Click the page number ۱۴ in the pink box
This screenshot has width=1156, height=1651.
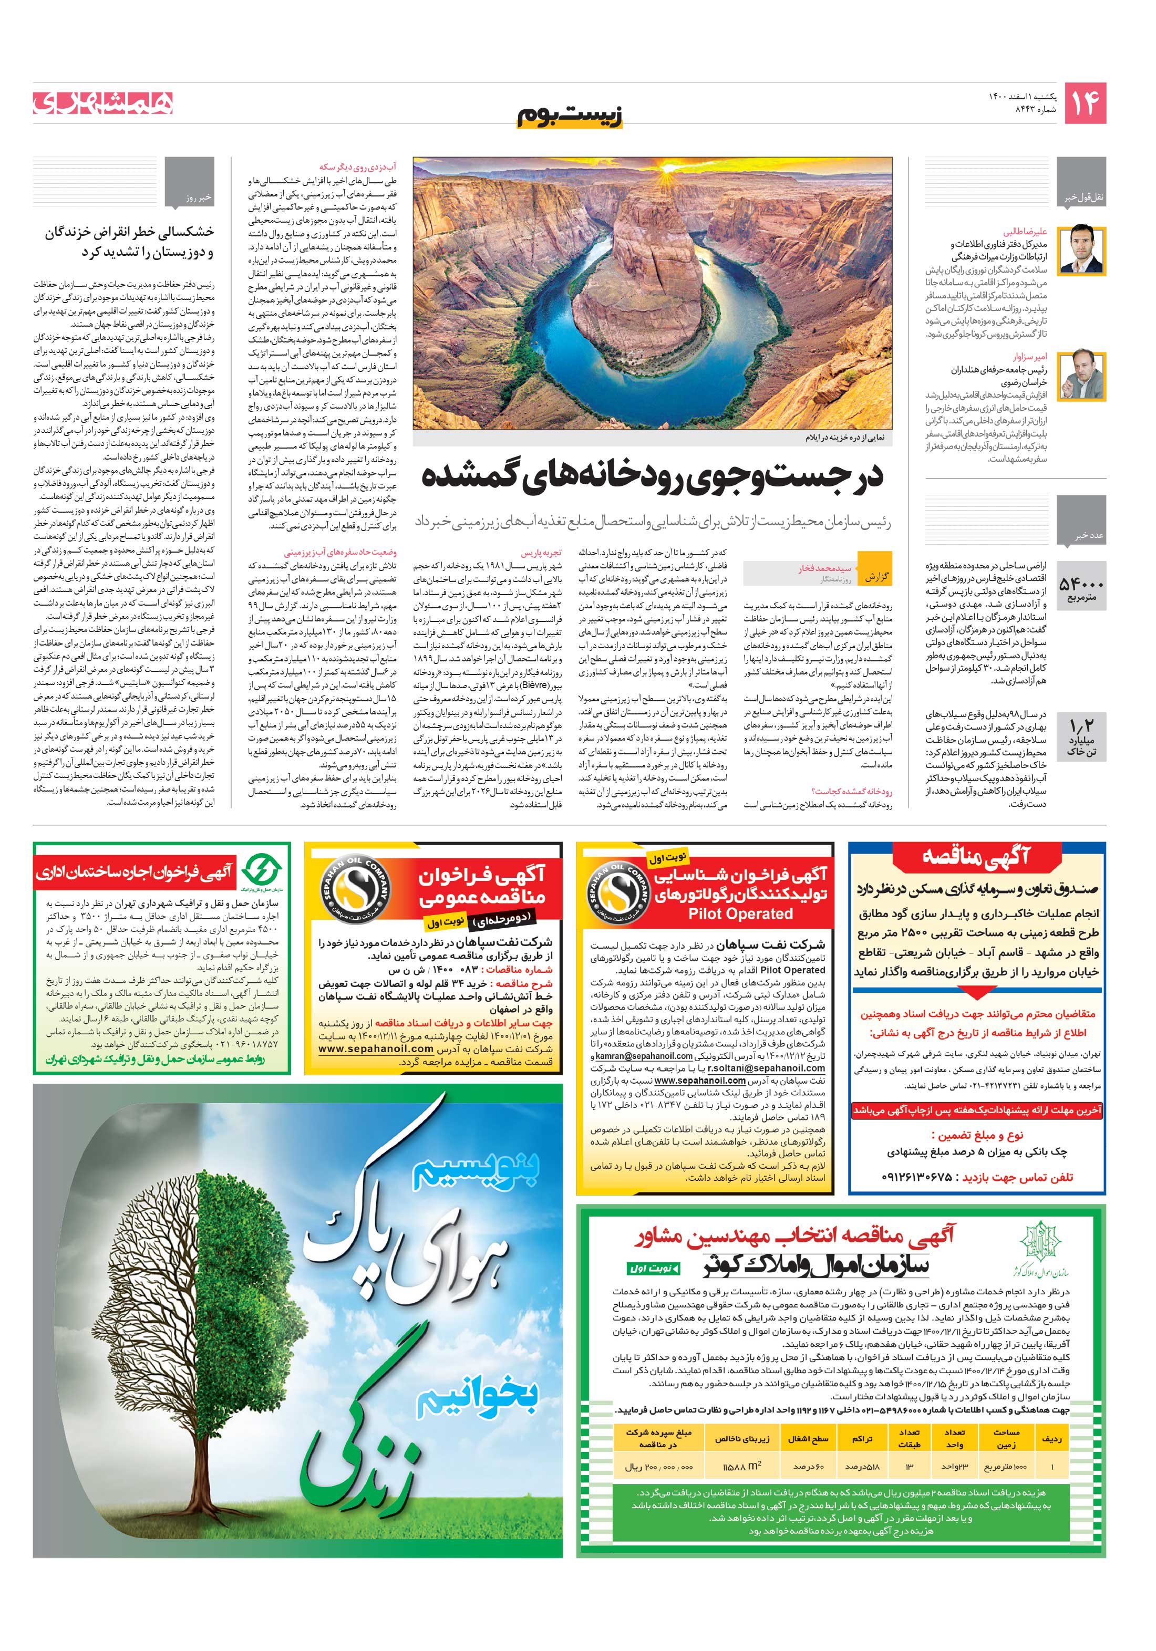(x=1084, y=103)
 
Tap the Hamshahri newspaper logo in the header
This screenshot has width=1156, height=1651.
(x=103, y=103)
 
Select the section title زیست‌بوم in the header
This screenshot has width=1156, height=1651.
(x=569, y=116)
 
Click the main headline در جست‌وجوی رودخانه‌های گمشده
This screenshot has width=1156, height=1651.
(x=652, y=476)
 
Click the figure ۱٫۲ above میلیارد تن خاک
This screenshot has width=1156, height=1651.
(x=1081, y=725)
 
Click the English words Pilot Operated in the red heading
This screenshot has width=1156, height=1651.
(x=740, y=914)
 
